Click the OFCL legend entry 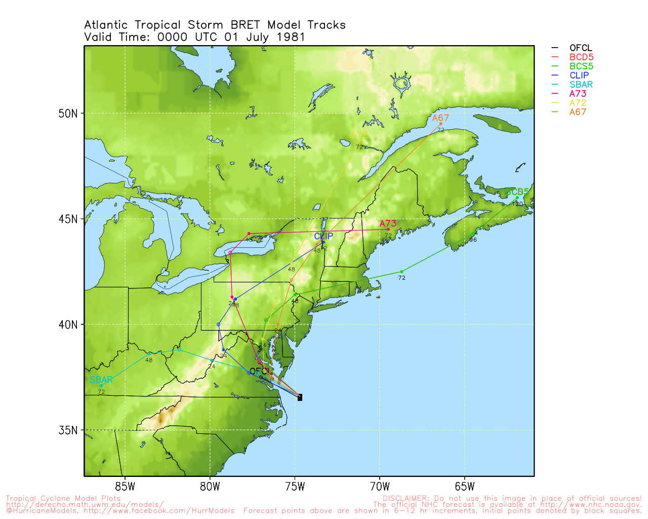pyautogui.click(x=580, y=48)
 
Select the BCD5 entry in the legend pyautogui.click(x=581, y=57)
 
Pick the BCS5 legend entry pyautogui.click(x=581, y=66)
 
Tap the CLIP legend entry pyautogui.click(x=579, y=76)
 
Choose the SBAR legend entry pyautogui.click(x=581, y=85)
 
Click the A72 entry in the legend pyautogui.click(x=578, y=103)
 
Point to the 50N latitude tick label pyautogui.click(x=68, y=114)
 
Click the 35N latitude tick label pyautogui.click(x=68, y=430)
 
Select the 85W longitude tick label pyautogui.click(x=125, y=488)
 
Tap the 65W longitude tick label pyautogui.click(x=465, y=488)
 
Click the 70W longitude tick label pyautogui.click(x=380, y=488)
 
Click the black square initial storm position pyautogui.click(x=300, y=398)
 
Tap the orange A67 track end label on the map pyautogui.click(x=440, y=118)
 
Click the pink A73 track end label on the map pyautogui.click(x=388, y=224)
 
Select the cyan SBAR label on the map pyautogui.click(x=101, y=380)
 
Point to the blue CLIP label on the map pyautogui.click(x=323, y=236)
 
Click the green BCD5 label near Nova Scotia pyautogui.click(x=516, y=192)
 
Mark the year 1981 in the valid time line pyautogui.click(x=291, y=37)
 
